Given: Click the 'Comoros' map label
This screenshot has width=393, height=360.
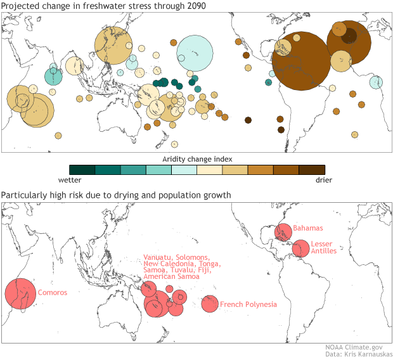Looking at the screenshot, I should (x=53, y=293).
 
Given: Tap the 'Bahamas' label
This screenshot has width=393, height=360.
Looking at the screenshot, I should (x=308, y=228).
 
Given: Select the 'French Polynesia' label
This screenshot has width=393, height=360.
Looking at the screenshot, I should (x=248, y=305).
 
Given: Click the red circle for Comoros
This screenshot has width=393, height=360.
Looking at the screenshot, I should (x=21, y=295).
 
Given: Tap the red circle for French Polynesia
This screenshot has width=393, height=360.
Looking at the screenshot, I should (x=210, y=304).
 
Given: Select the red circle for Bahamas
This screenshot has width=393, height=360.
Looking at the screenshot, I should (x=283, y=232).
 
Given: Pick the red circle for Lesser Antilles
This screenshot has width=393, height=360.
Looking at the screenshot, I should (x=300, y=248).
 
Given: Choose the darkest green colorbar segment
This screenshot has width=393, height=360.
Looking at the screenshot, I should (x=82, y=169).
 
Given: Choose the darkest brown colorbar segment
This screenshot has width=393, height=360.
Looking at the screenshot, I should (x=312, y=169).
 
